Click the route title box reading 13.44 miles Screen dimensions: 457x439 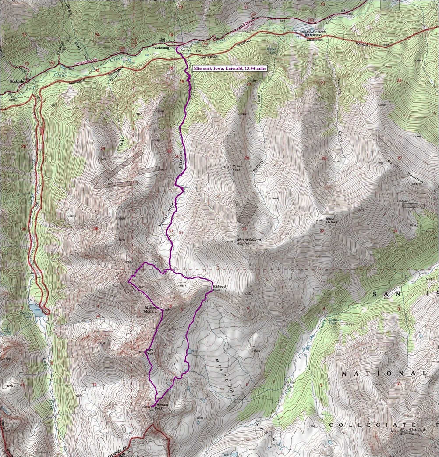pyautogui.click(x=229, y=68)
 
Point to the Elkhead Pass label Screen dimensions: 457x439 pyautogui.click(x=219, y=288)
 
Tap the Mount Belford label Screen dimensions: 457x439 pyautogui.click(x=249, y=240)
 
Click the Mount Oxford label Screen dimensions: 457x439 pyautogui.click(x=331, y=220)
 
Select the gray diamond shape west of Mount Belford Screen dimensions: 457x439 pyautogui.click(x=248, y=214)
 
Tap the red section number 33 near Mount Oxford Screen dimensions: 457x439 pyautogui.click(x=322, y=230)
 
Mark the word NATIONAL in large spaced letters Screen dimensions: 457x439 pyautogui.click(x=384, y=374)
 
